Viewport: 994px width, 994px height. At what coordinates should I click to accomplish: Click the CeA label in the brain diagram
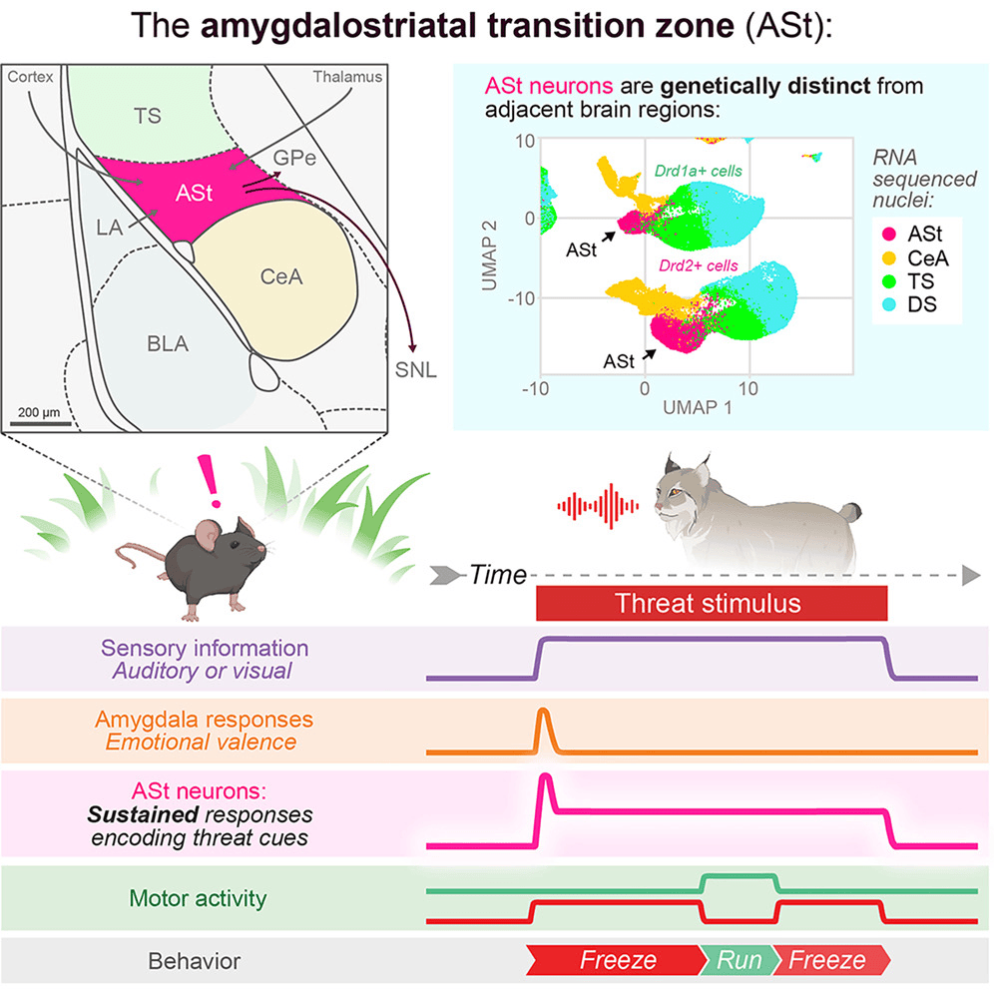pos(281,277)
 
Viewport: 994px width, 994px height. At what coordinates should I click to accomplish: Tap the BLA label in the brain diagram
pos(168,343)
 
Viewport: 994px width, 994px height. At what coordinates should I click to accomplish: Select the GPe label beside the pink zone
pos(294,158)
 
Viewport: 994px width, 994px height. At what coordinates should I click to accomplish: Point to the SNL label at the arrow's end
pos(416,369)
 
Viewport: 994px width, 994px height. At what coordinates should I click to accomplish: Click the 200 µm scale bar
pos(41,423)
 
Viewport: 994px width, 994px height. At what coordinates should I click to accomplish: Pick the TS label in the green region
pos(147,116)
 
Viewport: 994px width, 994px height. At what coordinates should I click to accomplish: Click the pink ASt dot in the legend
pos(889,234)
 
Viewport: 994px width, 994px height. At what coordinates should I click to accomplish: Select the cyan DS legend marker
pos(889,304)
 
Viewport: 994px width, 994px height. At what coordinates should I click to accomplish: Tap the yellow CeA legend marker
pos(889,258)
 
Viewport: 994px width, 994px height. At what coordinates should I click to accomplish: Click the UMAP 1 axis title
pos(698,407)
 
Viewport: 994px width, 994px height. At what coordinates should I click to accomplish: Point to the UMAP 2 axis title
pos(489,256)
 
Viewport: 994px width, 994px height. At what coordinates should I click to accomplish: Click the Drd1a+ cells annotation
pos(698,171)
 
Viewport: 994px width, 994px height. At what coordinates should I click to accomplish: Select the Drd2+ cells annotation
pos(698,265)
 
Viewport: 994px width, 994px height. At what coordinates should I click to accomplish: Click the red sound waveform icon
pos(598,506)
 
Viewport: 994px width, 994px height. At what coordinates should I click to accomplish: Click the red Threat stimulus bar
pos(712,603)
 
